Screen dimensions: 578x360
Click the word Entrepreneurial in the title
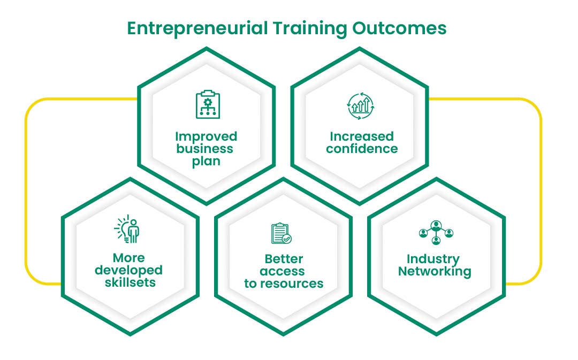tap(197, 29)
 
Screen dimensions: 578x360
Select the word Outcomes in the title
tap(399, 28)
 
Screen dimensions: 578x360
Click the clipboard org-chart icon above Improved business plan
tap(208, 104)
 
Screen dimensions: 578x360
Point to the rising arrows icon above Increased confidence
tap(361, 106)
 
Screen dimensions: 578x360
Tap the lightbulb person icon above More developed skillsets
tap(127, 229)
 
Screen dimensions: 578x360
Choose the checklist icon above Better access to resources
tap(282, 233)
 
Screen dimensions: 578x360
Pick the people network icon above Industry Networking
tap(436, 232)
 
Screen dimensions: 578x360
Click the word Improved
tap(206, 136)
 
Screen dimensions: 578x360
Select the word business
tap(204, 149)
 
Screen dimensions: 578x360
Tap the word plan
tap(206, 162)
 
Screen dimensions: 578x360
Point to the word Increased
tap(362, 136)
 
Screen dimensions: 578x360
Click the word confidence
tap(362, 149)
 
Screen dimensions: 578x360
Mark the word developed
tap(128, 270)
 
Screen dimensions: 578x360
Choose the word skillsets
tap(130, 282)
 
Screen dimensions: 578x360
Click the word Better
tap(284, 259)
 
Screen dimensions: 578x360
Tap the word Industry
tap(433, 259)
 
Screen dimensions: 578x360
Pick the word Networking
tap(435, 272)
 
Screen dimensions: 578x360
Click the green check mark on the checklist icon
tap(287, 239)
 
